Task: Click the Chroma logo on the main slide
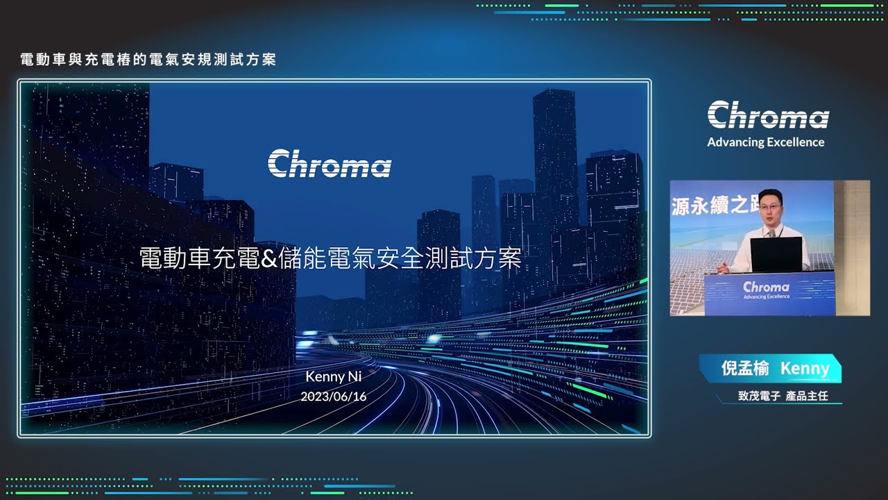[330, 163]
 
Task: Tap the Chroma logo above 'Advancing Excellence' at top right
[768, 115]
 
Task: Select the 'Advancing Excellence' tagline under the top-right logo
[765, 142]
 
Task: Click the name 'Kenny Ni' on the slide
[334, 376]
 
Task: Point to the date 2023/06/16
[334, 397]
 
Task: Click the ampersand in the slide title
[268, 258]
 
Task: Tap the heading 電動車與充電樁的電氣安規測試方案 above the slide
[148, 60]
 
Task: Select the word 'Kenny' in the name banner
[805, 369]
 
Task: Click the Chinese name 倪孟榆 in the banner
[745, 368]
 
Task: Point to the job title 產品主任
[807, 396]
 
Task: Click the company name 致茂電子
[759, 396]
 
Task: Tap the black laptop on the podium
[776, 254]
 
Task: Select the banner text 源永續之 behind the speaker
[715, 205]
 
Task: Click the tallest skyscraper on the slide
[555, 190]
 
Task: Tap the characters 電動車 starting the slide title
[176, 258]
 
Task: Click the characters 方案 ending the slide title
[497, 258]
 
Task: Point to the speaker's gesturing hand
[724, 269]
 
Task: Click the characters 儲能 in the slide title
[302, 258]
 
